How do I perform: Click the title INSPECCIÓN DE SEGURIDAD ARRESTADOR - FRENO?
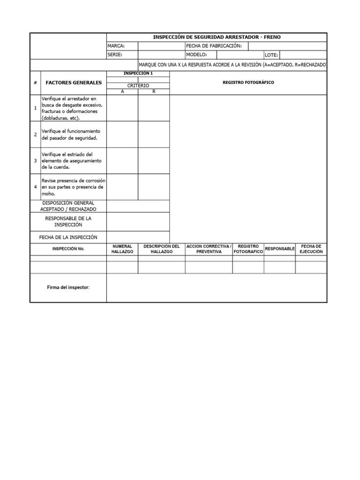217,37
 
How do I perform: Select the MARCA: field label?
116,46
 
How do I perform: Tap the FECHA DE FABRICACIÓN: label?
214,46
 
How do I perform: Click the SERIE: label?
114,55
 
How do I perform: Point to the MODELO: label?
197,55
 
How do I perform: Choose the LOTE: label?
271,55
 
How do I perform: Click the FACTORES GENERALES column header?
74,82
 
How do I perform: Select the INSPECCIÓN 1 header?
138,74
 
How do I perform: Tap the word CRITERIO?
138,86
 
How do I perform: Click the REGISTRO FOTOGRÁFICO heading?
248,82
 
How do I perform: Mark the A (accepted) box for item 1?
122,108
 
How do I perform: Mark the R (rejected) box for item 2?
154,135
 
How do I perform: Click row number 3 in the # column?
35,161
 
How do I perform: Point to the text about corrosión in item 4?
74,187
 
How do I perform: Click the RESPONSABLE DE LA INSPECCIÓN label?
68,222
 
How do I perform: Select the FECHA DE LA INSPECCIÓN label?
68,237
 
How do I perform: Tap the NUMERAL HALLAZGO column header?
122,249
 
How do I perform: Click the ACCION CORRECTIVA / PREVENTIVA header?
209,249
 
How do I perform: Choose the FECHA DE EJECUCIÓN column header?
311,249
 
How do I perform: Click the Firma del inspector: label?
68,287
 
